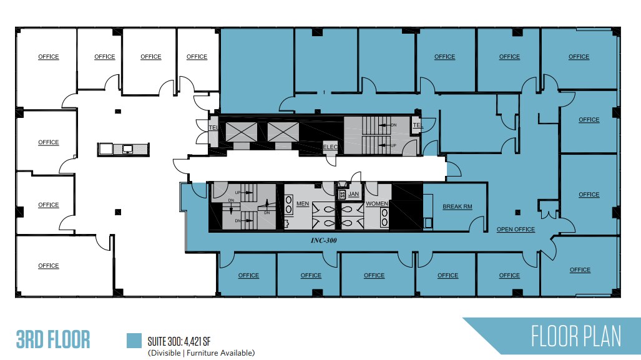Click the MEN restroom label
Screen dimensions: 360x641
(x=303, y=204)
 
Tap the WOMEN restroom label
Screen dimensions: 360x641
(x=377, y=204)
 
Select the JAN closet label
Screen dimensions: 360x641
(x=354, y=194)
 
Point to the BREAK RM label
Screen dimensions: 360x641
(x=457, y=207)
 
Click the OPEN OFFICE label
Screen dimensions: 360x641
(x=516, y=229)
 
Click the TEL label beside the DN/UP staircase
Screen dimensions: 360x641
(x=417, y=125)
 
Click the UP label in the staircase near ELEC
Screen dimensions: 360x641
(x=393, y=145)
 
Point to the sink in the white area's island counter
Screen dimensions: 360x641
(x=127, y=148)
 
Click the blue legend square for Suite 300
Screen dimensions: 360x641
(x=134, y=340)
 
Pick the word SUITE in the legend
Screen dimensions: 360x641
(x=159, y=341)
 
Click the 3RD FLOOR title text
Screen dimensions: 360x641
(x=53, y=340)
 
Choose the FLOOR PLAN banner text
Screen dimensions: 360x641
(x=575, y=337)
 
